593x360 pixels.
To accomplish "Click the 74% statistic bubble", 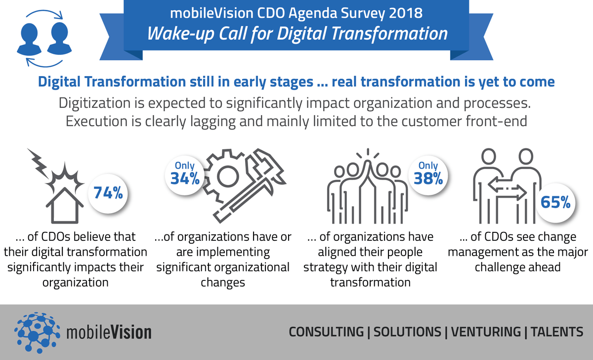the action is click(108, 193).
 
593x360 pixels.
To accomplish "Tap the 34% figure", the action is click(185, 179).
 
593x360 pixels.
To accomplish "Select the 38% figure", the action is click(428, 179).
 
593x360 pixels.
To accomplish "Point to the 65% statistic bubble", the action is click(555, 203).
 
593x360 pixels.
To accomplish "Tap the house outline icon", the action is click(65, 205).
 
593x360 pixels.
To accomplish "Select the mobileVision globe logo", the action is click(37, 332).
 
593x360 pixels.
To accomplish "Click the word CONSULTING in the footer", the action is click(326, 332).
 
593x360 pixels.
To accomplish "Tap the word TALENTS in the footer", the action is click(557, 332).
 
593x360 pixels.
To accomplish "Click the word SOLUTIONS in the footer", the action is click(407, 332).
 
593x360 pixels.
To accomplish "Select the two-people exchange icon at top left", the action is click(44, 39).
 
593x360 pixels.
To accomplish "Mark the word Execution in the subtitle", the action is click(103, 122).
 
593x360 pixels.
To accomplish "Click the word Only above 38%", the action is click(428, 166).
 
